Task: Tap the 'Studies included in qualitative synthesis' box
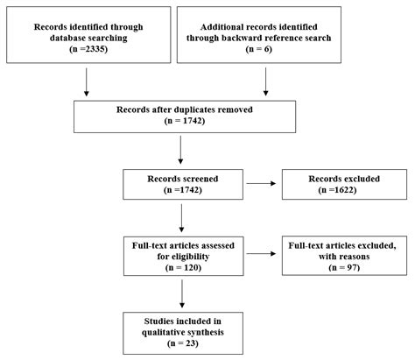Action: pos(179,325)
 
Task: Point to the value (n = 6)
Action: pos(266,52)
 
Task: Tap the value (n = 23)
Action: pos(179,338)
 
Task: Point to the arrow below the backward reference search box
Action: pos(266,84)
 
